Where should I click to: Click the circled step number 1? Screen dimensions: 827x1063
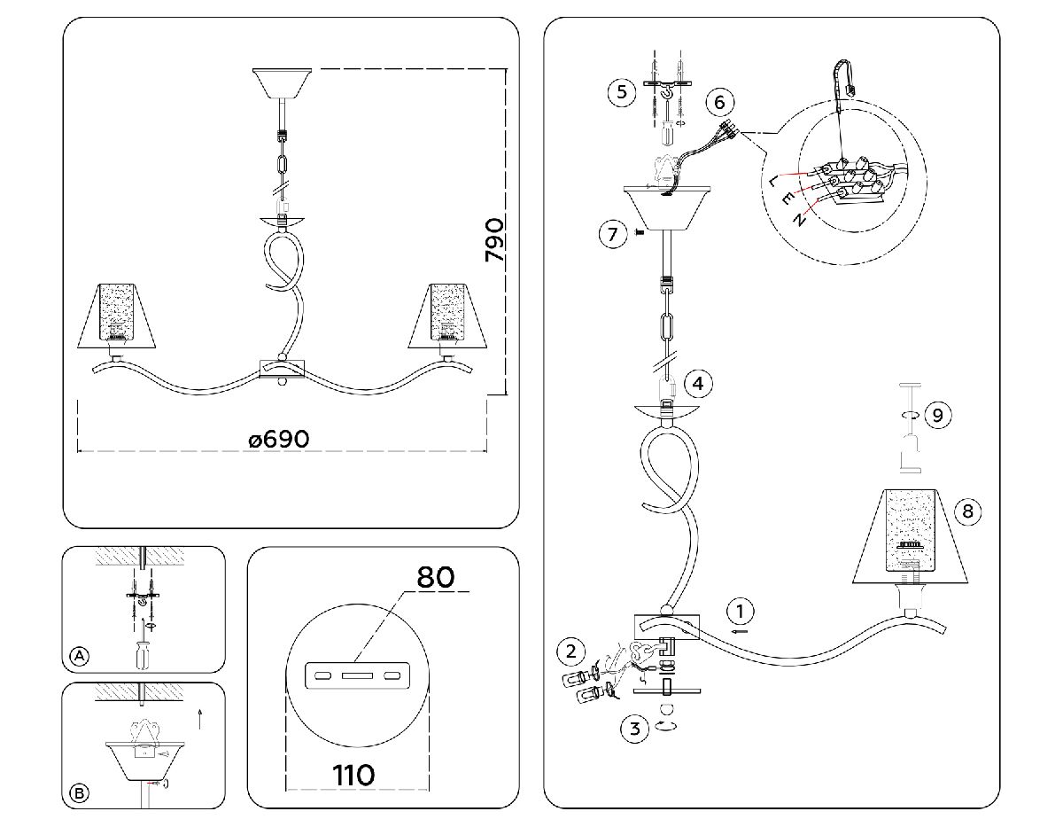coord(741,611)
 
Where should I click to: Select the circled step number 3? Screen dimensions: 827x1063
coord(632,729)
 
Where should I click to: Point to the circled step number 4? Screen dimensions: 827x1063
coord(699,384)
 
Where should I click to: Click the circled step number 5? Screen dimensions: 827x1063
coord(623,92)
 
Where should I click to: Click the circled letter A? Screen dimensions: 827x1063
coord(80,656)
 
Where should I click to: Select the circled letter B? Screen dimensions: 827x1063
coord(80,793)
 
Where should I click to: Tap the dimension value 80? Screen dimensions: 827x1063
coord(436,577)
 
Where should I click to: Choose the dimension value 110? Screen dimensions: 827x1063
coord(353,774)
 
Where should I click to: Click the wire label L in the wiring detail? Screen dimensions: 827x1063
coord(775,181)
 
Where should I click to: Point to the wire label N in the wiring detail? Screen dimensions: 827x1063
coord(800,219)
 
